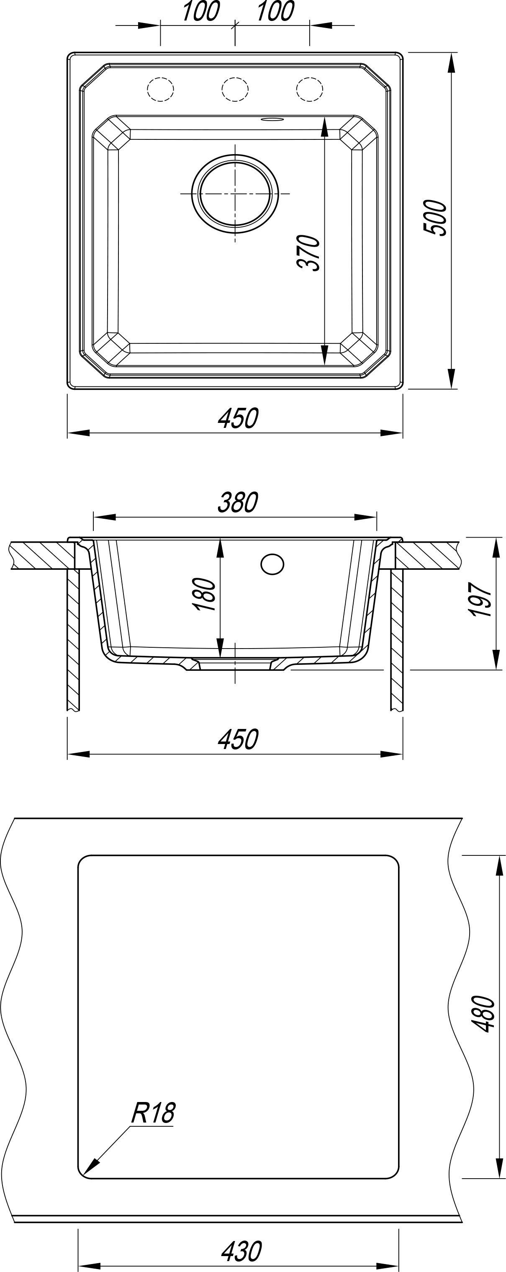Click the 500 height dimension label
tap(435, 217)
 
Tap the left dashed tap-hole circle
tap(160, 89)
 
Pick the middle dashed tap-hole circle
tap(234, 89)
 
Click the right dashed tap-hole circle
tap(310, 89)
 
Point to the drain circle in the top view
tap(235, 193)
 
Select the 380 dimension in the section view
tap(237, 503)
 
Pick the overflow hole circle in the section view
tap(272, 564)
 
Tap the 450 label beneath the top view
tap(237, 418)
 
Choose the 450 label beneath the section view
tap(237, 739)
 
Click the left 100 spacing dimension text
tap(200, 12)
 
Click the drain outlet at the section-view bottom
tap(235, 664)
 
